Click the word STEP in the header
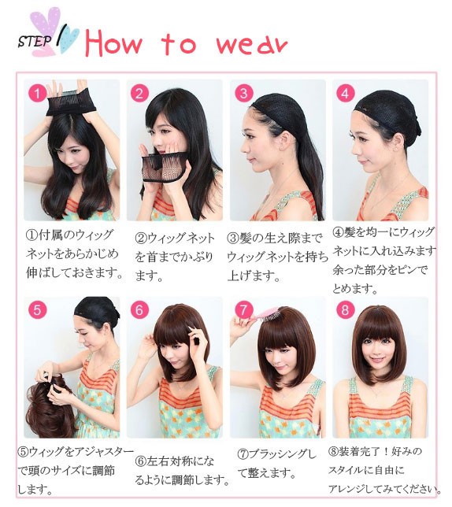[x=35, y=41]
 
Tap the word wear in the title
[x=251, y=44]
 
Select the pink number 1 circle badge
[x=38, y=94]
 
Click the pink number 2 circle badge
[x=139, y=94]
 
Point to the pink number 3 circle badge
[x=243, y=94]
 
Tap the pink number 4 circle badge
[x=345, y=94]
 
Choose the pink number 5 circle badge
[x=38, y=309]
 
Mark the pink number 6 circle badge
[x=139, y=309]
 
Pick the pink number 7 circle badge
[x=243, y=309]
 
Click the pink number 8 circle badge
[x=345, y=309]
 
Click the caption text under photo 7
[x=276, y=464]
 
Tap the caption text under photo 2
[x=175, y=257]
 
